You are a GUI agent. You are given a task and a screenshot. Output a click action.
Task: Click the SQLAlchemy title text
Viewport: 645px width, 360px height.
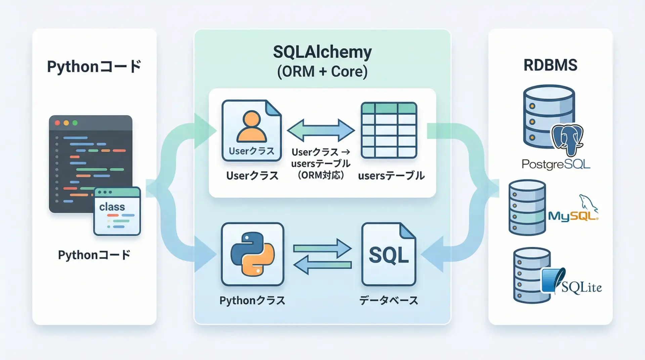pos(322,52)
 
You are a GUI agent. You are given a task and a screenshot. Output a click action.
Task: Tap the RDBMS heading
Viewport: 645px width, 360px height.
pos(550,65)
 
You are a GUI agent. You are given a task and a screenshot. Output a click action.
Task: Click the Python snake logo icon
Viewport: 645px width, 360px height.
pos(253,254)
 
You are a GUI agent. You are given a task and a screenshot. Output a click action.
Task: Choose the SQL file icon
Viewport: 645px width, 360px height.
pos(389,254)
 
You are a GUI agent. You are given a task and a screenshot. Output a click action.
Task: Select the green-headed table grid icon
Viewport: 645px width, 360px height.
pos(389,130)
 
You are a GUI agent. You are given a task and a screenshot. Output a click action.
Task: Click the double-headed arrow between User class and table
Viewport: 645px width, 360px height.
pos(321,130)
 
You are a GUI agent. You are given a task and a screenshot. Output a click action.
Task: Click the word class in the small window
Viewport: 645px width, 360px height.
pos(112,207)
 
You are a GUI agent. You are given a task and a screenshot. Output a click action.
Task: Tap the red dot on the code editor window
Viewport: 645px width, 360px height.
pos(57,123)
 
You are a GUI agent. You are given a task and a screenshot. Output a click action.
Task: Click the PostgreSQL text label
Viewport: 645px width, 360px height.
pos(556,164)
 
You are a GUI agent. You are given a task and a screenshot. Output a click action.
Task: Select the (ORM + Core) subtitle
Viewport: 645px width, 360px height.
pos(322,72)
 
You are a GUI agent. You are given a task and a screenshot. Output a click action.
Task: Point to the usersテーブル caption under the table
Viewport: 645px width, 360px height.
pos(391,176)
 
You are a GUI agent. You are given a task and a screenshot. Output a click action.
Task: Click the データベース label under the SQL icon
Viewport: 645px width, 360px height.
pos(389,300)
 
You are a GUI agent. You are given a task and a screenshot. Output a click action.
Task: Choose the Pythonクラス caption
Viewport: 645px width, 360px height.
pos(252,300)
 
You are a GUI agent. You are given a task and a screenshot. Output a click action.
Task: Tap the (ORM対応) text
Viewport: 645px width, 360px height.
pos(321,175)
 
